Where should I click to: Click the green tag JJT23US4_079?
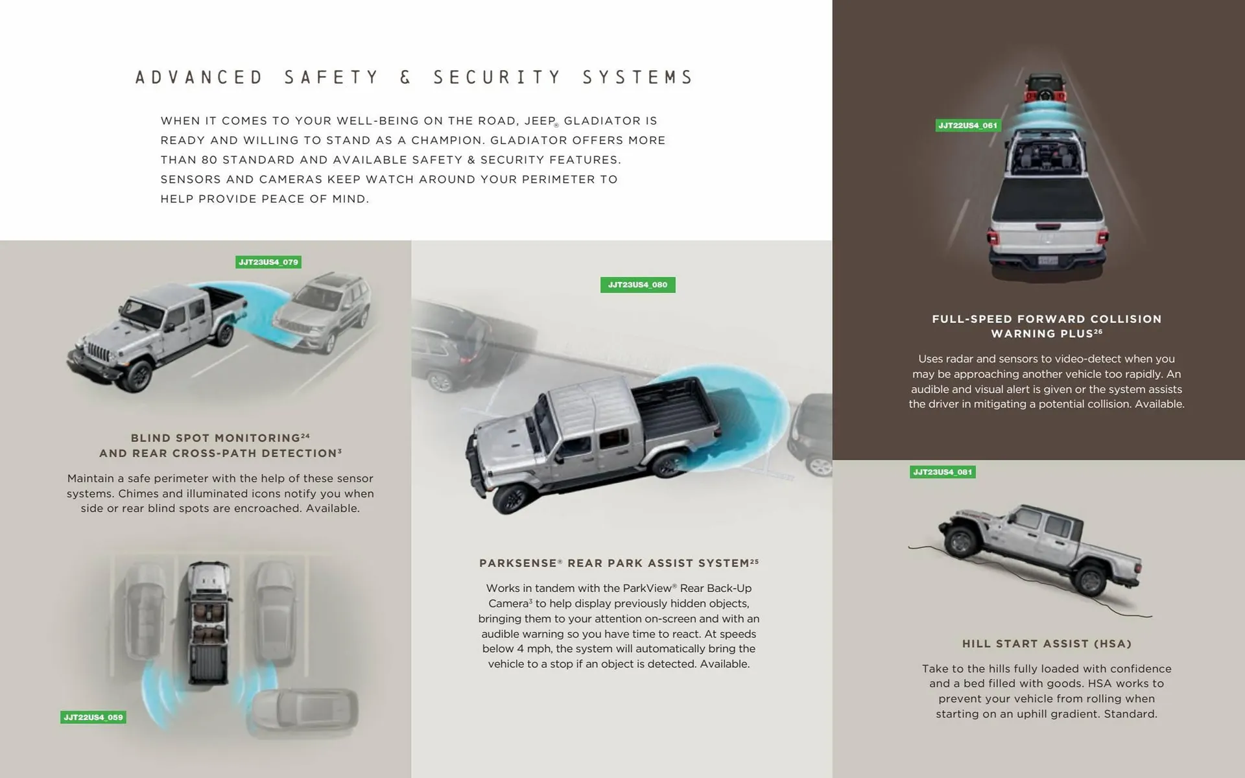click(268, 262)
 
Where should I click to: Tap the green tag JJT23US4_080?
click(637, 285)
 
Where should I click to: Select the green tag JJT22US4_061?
click(967, 125)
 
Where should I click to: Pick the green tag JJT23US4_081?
click(942, 472)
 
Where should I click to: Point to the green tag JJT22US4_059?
click(93, 717)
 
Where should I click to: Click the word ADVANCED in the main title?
click(199, 78)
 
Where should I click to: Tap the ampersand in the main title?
click(406, 78)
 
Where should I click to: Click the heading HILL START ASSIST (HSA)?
click(1047, 644)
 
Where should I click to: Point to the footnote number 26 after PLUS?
click(1098, 331)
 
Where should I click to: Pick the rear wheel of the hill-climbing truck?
click(1090, 578)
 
